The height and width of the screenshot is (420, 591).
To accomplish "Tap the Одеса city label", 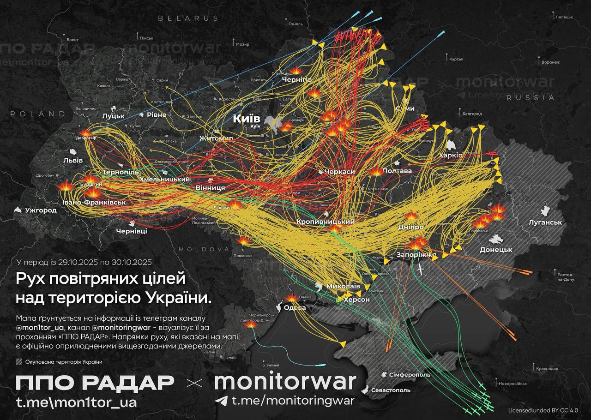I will point(295,308).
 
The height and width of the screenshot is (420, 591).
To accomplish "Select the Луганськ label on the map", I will point(545,222).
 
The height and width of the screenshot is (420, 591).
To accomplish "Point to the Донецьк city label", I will point(496,249).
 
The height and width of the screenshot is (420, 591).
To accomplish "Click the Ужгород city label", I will point(41,210).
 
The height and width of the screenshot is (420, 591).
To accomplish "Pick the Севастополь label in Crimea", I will point(390,390).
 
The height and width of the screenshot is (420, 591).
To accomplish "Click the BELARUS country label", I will point(188,18).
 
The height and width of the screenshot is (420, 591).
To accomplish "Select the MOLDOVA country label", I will point(204,249).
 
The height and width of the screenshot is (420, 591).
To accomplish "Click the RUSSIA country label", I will point(530,97).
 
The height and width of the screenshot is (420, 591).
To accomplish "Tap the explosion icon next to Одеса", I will point(291,299).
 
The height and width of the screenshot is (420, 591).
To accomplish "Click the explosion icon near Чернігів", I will point(295,70).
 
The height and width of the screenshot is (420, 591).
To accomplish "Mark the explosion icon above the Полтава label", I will point(376,172).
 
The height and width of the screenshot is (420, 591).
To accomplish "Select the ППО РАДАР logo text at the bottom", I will point(95,383).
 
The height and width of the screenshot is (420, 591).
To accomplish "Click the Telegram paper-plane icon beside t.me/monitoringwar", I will point(222,400).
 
